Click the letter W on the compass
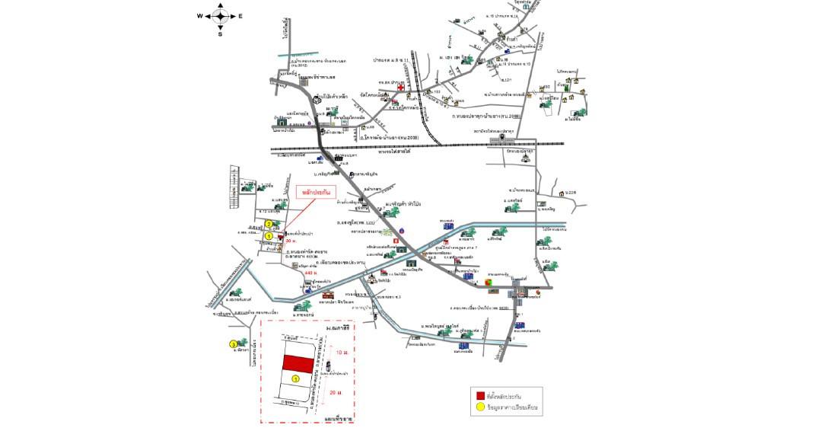coord(200,16)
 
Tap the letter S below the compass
coord(221,34)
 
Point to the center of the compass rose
coord(221,16)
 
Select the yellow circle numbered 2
coord(269,224)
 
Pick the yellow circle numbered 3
coord(233,344)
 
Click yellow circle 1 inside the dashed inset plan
coord(296,378)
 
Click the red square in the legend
coord(480,396)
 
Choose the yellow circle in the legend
coord(480,407)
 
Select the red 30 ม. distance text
coord(291,241)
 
